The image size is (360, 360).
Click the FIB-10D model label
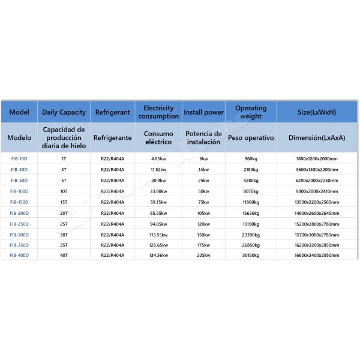tap(19, 158)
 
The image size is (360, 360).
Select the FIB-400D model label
tap(19, 256)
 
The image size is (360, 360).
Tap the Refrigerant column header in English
tap(112, 112)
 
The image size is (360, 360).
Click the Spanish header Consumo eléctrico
tap(158, 137)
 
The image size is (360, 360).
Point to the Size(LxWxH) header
tap(317, 112)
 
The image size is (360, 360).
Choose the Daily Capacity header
tap(64, 112)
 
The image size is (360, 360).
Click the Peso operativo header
tap(251, 137)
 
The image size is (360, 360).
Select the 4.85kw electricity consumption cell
tap(158, 158)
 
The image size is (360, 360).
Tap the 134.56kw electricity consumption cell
tap(158, 256)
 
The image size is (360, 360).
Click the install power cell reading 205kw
tap(203, 256)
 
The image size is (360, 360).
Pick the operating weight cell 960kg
tap(251, 158)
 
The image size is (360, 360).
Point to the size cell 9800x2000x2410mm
tap(317, 191)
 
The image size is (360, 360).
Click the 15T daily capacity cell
tap(64, 202)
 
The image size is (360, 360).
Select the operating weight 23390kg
tap(251, 234)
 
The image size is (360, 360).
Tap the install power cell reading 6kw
tap(203, 158)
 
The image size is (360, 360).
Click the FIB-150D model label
tap(19, 202)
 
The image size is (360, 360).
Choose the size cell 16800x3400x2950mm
tap(317, 256)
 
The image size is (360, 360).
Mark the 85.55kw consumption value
tap(158, 212)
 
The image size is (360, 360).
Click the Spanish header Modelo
tap(19, 137)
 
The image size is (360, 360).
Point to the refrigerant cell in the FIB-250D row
tap(112, 223)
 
